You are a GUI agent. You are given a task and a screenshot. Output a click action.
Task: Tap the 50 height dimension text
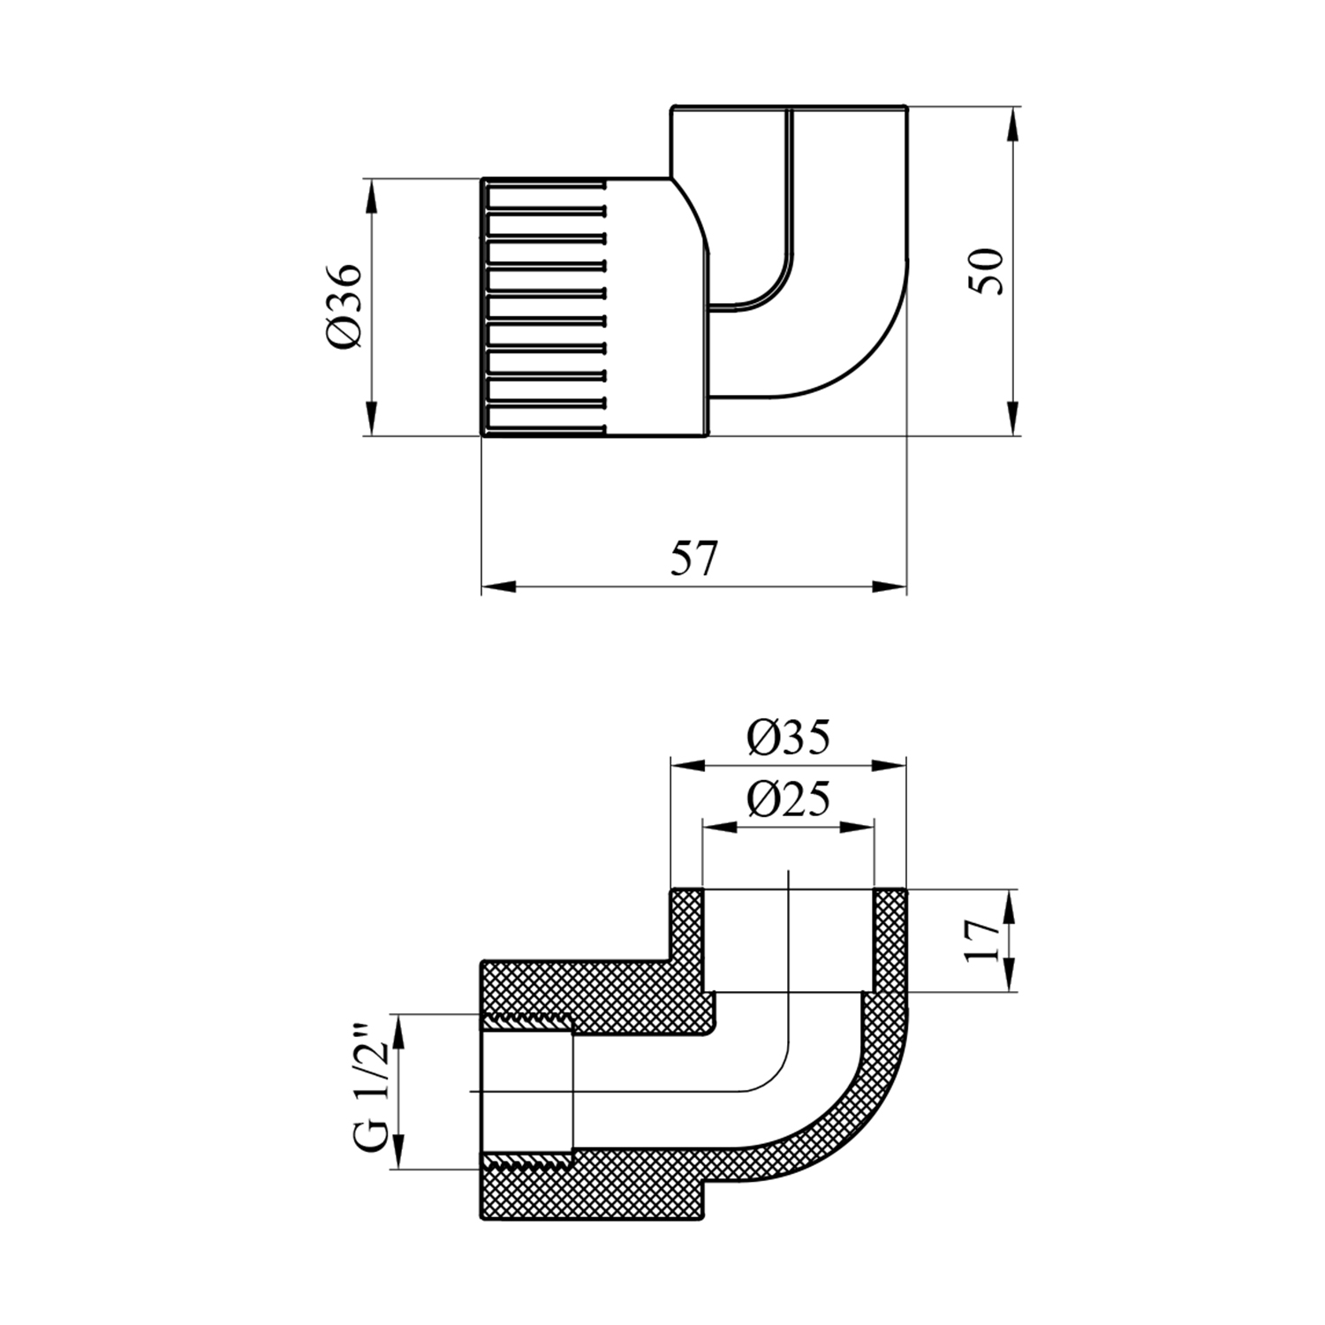coord(987,271)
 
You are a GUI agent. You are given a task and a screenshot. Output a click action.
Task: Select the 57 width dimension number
coord(694,558)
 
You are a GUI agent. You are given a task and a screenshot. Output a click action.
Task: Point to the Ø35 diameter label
coord(789,738)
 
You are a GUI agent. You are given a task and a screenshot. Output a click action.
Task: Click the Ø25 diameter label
coord(789,799)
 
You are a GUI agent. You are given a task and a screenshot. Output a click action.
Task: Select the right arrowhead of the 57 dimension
coord(889,587)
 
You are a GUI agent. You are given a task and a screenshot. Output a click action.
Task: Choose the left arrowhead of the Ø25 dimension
coord(720,827)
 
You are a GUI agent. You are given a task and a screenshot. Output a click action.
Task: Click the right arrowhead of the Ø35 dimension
coord(889,766)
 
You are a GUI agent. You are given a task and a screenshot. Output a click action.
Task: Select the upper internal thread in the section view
coord(528,1023)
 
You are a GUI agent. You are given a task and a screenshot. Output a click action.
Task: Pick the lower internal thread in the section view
coord(528,1160)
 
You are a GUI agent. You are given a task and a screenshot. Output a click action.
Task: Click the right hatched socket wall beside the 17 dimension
coord(890,941)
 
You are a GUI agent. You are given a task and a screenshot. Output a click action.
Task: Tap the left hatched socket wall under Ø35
coord(687,941)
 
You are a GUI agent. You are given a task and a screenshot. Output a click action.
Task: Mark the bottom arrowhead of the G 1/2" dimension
coord(400,1152)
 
